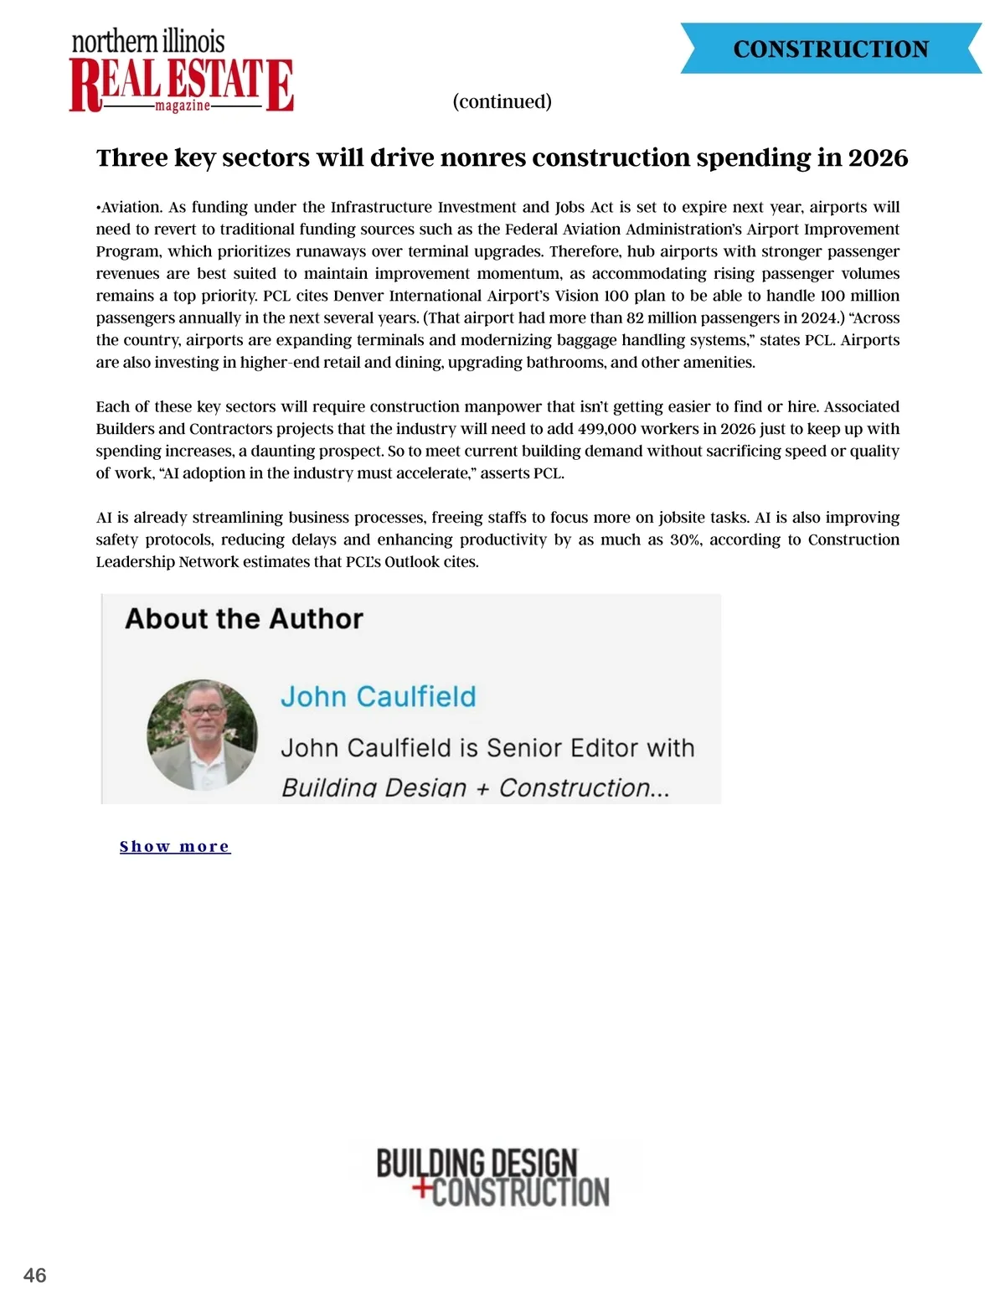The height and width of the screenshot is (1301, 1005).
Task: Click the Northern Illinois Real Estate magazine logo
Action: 181,72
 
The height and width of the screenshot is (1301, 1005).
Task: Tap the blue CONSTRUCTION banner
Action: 830,49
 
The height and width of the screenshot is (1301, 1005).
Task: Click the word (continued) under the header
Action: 502,101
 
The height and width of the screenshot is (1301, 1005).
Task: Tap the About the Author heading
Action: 244,619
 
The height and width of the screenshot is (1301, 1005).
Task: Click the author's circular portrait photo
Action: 202,735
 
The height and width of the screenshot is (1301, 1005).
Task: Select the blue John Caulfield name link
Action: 378,696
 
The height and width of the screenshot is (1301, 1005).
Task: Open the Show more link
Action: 174,846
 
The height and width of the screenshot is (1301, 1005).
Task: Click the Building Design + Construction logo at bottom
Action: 492,1178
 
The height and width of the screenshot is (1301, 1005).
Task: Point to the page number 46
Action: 35,1275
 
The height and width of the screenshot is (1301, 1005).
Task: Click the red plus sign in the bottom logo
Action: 423,1187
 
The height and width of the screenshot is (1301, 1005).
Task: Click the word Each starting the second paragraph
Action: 111,406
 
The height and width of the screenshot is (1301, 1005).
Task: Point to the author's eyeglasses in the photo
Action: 204,710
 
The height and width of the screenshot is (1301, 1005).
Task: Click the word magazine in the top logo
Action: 183,106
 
